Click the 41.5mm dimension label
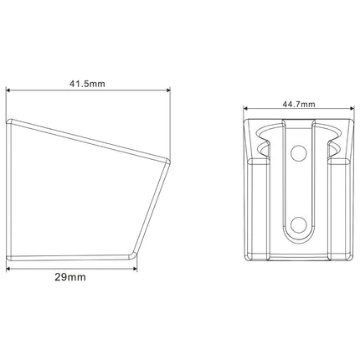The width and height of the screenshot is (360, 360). click(87, 84)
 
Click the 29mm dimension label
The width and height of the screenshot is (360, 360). click(70, 277)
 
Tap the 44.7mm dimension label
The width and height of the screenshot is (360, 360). click(299, 105)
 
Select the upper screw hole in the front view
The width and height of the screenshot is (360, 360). click(299, 152)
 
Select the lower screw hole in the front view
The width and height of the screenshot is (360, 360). click(299, 224)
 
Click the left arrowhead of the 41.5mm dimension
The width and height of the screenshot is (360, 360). click(8, 90)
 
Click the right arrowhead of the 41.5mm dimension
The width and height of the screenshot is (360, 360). click(168, 90)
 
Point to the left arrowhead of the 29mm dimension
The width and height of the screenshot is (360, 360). click(8, 269)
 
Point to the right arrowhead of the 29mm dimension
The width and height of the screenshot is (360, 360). click(135, 269)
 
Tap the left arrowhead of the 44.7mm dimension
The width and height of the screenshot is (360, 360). click(245, 109)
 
